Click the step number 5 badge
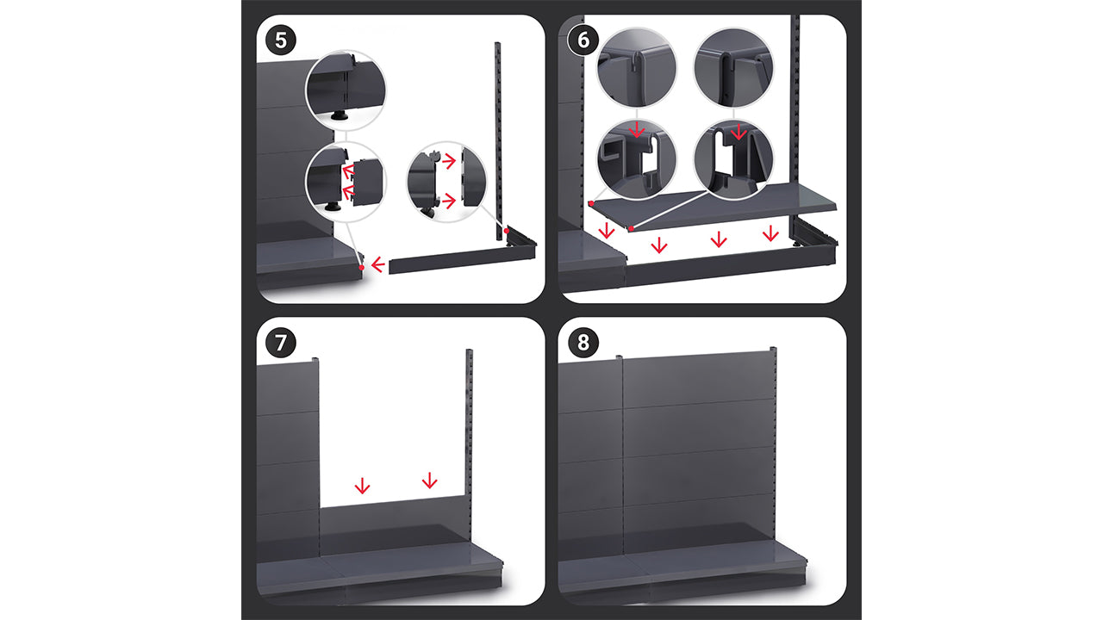(281, 40)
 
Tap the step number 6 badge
(583, 40)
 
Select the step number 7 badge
(281, 343)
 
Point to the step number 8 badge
(583, 343)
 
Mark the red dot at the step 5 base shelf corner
(362, 268)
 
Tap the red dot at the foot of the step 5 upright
(506, 230)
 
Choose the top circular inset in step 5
(346, 90)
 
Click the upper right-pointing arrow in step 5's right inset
(449, 161)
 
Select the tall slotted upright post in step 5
(498, 141)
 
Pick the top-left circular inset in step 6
(637, 67)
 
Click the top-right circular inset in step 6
(733, 67)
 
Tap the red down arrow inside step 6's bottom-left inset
(637, 130)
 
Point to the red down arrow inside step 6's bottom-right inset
(738, 132)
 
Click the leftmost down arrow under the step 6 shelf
(607, 230)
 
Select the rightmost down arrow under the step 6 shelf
(770, 233)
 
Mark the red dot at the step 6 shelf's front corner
(632, 229)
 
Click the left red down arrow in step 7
(363, 486)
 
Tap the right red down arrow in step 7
(429, 480)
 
